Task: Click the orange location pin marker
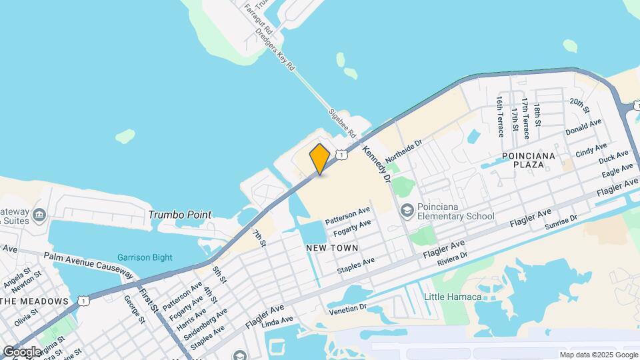320,159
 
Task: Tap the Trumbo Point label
179,215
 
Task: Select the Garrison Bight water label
145,257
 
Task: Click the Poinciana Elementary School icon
406,211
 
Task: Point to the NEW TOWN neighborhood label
332,248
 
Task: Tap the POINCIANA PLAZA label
529,161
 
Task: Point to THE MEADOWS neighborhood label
35,301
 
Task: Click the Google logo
22,351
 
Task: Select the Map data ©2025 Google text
598,355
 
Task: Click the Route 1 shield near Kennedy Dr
341,155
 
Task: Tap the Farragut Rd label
258,19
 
